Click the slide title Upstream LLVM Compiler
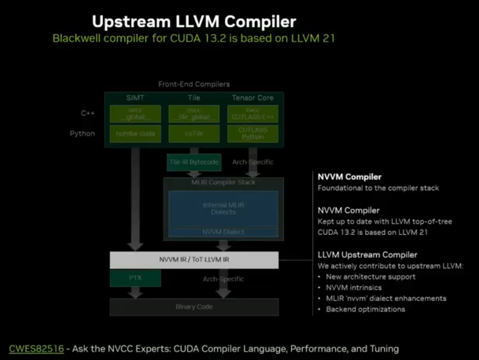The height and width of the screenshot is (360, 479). [194, 21]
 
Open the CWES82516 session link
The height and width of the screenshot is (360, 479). [36, 349]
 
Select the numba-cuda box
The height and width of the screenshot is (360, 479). [135, 133]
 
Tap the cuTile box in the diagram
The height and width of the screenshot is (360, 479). [194, 133]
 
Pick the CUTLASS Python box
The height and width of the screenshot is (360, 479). [253, 133]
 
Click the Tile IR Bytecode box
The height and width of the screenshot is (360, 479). [194, 162]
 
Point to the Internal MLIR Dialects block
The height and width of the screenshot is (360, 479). [223, 209]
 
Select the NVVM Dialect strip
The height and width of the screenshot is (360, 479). [223, 232]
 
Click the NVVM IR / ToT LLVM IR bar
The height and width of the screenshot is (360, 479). [194, 260]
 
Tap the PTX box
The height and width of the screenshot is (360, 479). [135, 278]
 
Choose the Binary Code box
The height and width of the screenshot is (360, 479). [194, 307]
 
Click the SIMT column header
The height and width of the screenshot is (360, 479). [135, 98]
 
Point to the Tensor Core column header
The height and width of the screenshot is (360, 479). [253, 98]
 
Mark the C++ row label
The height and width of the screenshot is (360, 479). [88, 114]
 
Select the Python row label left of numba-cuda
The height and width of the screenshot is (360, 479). [83, 133]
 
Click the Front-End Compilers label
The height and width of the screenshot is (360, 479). [194, 84]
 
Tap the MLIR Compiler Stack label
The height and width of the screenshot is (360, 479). [223, 182]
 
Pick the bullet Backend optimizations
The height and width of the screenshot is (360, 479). [365, 309]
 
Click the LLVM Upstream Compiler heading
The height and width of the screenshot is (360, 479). [367, 255]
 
